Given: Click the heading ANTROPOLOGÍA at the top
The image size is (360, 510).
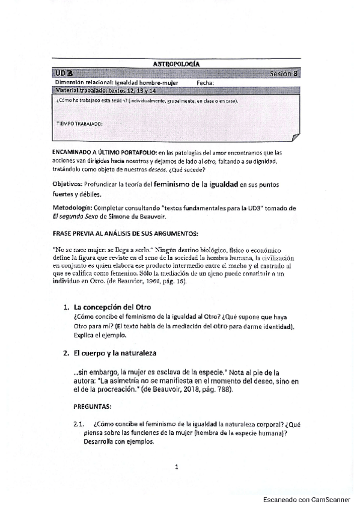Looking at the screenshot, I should pos(177,63).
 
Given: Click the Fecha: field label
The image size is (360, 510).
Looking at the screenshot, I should pos(205,82).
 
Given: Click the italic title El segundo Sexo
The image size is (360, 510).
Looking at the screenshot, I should pos(75,217).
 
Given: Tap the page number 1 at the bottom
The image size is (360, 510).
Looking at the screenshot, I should pos(178,467).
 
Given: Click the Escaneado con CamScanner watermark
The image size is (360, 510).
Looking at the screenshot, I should pos(308,499).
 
